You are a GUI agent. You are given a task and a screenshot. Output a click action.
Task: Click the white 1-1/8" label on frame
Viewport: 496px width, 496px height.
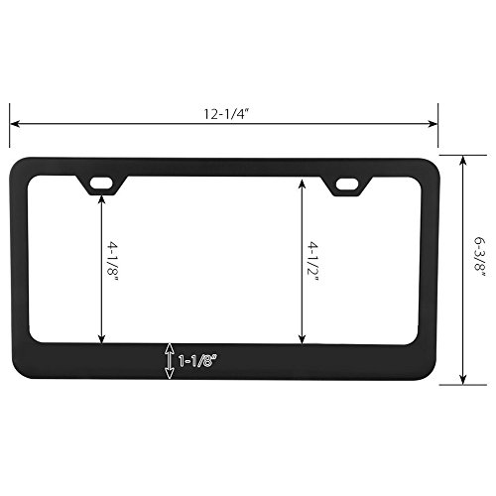(197, 362)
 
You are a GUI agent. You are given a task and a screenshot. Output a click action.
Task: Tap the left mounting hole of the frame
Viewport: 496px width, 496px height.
(100, 183)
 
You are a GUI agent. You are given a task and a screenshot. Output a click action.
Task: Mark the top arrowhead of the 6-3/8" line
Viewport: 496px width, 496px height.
(463, 159)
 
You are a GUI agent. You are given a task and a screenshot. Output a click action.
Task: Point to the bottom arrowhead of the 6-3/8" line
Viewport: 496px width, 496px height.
(463, 380)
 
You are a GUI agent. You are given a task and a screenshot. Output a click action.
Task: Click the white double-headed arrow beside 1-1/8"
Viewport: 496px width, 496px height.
(170, 362)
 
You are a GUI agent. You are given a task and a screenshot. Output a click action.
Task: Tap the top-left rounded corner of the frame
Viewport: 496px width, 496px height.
(19, 168)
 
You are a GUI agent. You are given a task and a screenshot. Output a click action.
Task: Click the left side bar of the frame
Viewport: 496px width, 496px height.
(21, 268)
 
